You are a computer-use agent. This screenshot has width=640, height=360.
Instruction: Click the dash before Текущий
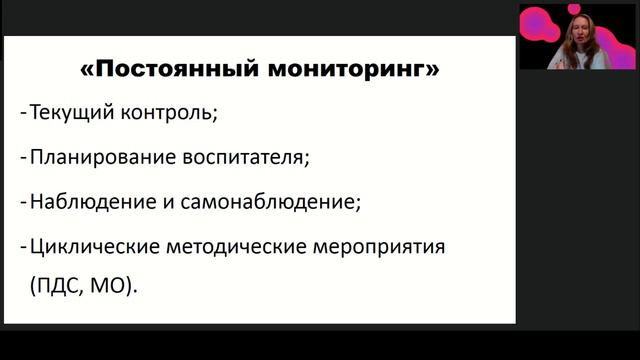22,113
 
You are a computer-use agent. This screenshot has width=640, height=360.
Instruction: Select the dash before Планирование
22,157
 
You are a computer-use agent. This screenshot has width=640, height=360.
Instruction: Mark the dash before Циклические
22,244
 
